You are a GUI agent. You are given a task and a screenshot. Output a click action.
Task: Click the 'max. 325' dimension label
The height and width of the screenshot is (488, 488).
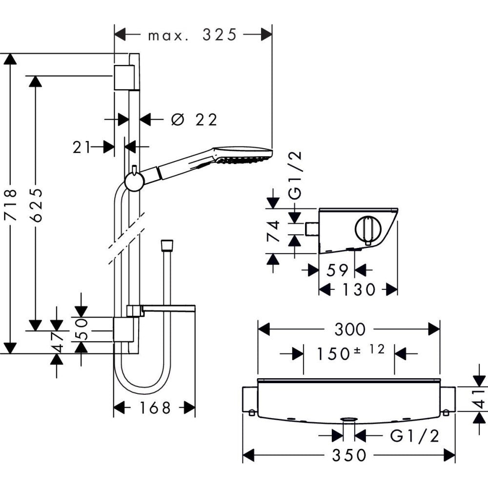(x=192, y=35)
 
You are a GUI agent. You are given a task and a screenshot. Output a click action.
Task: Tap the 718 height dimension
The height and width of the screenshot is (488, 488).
(x=11, y=204)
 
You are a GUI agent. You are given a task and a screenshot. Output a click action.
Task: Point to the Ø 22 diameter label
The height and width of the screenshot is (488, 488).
(x=194, y=120)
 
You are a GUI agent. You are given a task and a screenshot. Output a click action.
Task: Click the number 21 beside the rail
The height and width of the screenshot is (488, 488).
(x=82, y=146)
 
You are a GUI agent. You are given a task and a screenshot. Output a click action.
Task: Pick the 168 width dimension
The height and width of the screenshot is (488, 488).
(x=155, y=407)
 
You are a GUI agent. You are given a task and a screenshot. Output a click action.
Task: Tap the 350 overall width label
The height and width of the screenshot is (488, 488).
(x=349, y=456)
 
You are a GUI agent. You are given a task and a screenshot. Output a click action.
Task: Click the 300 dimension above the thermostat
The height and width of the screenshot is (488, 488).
(x=349, y=329)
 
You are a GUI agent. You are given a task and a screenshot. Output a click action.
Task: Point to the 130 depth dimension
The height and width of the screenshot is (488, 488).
(x=359, y=290)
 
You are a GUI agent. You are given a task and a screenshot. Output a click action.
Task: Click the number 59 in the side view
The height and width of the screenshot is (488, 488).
(x=337, y=270)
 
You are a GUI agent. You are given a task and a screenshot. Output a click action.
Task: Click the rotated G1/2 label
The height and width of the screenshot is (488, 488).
(x=295, y=175)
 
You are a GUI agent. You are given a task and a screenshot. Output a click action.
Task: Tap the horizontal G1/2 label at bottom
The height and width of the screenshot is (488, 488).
(x=415, y=435)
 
